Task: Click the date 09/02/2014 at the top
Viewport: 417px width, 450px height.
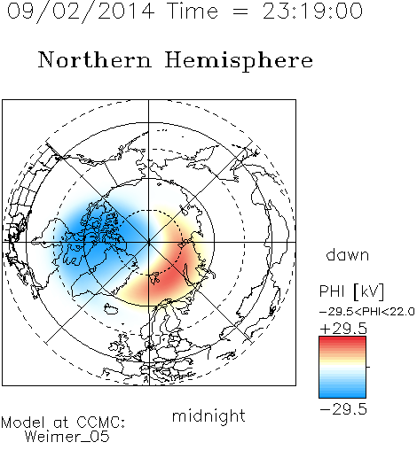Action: coord(81,12)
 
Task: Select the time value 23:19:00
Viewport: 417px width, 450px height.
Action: coord(312,11)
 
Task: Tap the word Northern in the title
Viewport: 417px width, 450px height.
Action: coord(95,59)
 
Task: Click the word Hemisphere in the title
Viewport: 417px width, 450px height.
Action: coord(239,61)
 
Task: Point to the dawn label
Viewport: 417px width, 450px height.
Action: coord(348,255)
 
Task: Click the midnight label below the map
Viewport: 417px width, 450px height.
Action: coord(208,416)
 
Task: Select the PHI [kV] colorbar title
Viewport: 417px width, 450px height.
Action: coord(351,291)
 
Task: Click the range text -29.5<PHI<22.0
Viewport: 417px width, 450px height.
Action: coord(366,312)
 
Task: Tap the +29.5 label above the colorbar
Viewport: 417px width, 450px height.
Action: coord(343,329)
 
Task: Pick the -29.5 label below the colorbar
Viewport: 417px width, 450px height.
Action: coord(343,409)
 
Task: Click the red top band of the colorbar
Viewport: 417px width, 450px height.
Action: coord(342,340)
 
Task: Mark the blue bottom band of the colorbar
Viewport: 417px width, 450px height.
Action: coord(342,393)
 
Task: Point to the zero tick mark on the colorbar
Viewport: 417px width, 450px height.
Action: coord(368,367)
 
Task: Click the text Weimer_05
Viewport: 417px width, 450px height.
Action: coord(67,436)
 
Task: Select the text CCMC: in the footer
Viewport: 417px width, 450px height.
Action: coord(100,423)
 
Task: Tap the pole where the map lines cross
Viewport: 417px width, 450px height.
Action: coord(149,242)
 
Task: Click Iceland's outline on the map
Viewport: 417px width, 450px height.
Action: coord(111,308)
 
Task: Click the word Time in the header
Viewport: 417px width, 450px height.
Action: coord(193,11)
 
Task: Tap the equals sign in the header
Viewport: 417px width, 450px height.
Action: coord(240,12)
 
